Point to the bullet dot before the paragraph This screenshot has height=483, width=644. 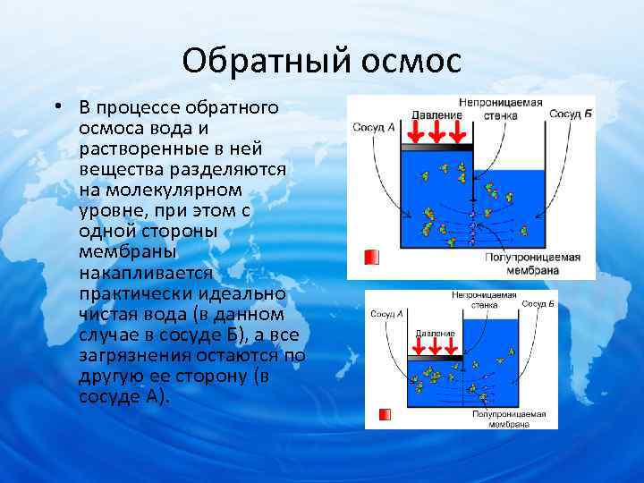(x=56, y=107)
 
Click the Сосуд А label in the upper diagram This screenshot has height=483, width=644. (x=374, y=127)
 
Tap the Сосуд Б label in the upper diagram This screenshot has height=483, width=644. (x=571, y=114)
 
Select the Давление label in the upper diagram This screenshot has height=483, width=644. (x=436, y=114)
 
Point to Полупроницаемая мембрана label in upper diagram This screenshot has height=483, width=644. (x=532, y=263)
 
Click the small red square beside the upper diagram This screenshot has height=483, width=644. (x=372, y=258)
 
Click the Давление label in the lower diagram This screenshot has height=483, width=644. (x=435, y=333)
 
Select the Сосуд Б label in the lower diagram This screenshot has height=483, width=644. (x=538, y=304)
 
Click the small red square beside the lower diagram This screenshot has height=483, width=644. (x=385, y=414)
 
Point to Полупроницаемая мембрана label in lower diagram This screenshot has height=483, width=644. (x=509, y=420)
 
